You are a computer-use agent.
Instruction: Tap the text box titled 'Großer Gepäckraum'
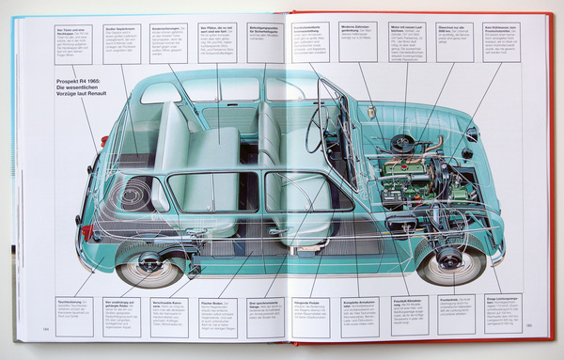point(121,43)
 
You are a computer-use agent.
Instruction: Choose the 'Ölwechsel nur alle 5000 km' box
point(455,41)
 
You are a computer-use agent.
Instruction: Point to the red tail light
point(86,231)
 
